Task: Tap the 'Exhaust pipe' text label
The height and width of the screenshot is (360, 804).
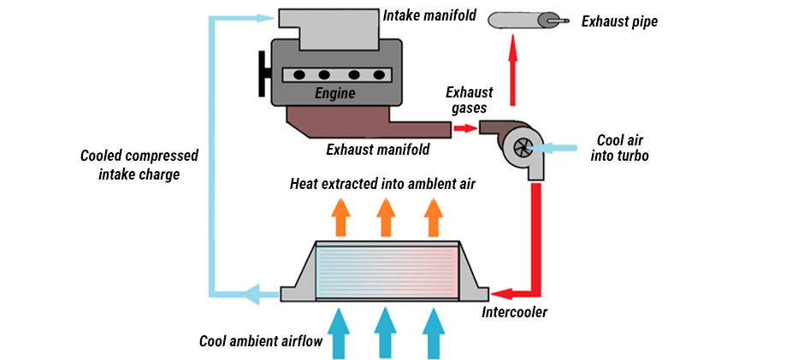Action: point(620,21)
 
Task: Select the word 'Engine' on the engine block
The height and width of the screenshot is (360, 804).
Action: point(334,93)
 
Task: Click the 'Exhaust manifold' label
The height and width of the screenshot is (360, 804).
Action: point(378,150)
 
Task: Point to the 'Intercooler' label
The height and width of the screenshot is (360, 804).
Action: point(514,312)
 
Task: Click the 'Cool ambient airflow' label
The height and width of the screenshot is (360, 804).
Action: point(260,341)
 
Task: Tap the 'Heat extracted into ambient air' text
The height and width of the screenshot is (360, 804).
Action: point(381,183)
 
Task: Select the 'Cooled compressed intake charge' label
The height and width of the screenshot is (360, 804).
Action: point(139,164)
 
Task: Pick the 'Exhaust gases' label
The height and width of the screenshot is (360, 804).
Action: point(466,100)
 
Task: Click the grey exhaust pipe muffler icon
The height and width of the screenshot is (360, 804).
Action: point(522,19)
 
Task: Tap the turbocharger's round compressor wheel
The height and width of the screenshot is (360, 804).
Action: point(519,147)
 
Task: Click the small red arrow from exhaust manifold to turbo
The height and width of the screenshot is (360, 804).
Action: point(464,128)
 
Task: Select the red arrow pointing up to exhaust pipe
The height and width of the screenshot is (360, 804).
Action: point(514,64)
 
